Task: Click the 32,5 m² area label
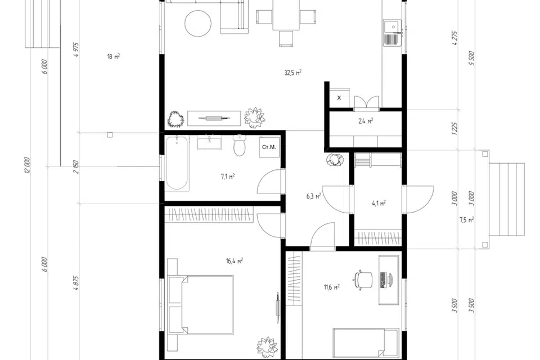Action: coord(292,73)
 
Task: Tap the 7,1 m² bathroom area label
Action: coord(228,177)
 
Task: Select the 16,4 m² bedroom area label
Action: coord(234,261)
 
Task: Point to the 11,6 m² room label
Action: coord(332,287)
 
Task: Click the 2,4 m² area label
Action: coord(366,121)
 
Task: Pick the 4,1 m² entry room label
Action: coord(379,203)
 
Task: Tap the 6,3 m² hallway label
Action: coord(314,196)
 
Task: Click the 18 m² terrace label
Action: coord(114,56)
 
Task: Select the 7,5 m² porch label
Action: coord(467,220)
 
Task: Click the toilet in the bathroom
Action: coord(239,145)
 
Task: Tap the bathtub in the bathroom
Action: coord(177,163)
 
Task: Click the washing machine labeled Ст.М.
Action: coord(269,147)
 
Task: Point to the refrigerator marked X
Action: coord(339,98)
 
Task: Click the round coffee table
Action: coord(198,23)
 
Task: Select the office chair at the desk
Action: coord(363,280)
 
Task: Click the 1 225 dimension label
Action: coord(454,128)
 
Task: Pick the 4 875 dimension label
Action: coord(76,283)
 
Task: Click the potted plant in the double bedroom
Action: coord(267,347)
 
